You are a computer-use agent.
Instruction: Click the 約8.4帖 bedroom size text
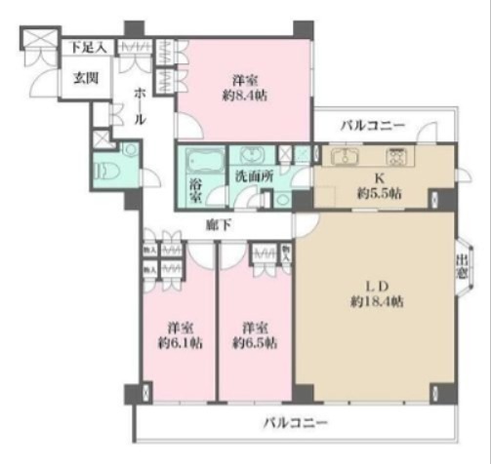pos(246,95)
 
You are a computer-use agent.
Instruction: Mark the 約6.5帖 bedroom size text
pos(254,342)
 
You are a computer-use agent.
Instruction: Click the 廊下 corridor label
pos(218,224)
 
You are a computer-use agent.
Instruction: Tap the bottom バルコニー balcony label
pos(296,423)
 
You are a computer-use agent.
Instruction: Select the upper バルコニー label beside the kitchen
pos(374,125)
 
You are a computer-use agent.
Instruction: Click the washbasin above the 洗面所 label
pos(251,155)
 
